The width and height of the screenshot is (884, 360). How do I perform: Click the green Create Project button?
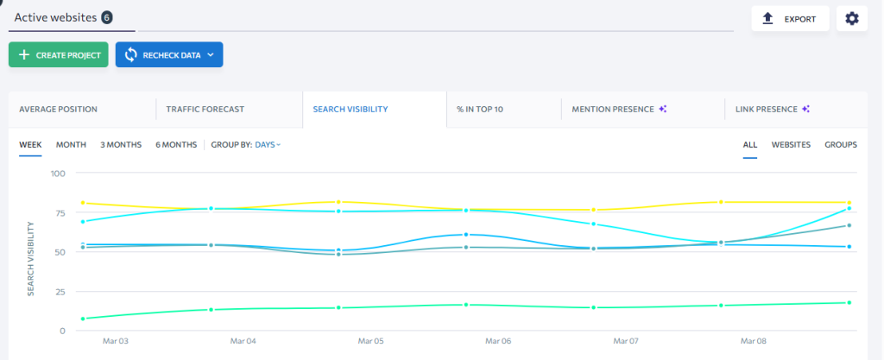point(59,55)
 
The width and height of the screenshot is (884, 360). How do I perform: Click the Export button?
point(790,19)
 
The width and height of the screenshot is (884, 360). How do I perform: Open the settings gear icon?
point(851,19)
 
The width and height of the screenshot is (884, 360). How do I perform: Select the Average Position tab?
point(58,110)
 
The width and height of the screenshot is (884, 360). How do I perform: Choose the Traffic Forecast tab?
point(205,110)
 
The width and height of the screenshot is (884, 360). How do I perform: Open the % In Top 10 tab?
point(480,110)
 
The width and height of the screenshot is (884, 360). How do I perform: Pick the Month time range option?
point(71,144)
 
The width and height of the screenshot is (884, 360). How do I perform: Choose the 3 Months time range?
point(121,144)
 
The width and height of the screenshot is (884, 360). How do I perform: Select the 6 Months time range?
point(176,144)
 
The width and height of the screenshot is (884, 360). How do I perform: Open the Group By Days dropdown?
point(268,144)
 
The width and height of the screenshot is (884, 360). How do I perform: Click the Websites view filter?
point(791,144)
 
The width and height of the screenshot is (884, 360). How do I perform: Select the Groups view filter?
point(841,144)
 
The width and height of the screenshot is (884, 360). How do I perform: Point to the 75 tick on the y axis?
point(58,213)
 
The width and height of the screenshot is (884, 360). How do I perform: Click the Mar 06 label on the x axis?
point(498,342)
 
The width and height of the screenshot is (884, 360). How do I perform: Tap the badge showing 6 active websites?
point(107,17)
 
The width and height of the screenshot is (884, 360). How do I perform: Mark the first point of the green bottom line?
point(83,319)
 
